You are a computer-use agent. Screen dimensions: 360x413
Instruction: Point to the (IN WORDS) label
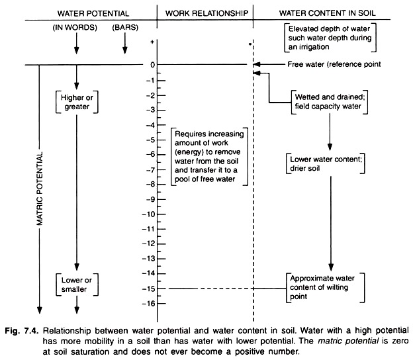click(x=75, y=29)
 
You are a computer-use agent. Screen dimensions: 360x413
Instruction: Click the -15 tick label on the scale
click(x=151, y=288)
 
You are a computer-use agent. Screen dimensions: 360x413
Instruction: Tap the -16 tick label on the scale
click(x=151, y=302)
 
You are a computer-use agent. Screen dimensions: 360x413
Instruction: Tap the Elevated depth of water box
click(x=328, y=38)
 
